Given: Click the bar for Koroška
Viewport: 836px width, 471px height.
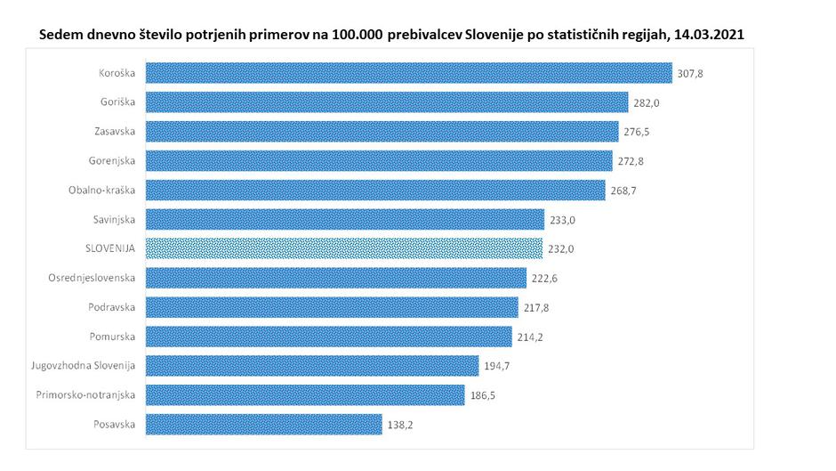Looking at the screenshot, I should (x=408, y=73).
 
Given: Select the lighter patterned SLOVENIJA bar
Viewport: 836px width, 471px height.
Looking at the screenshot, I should (x=343, y=248).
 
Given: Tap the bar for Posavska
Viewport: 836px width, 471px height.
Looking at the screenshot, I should (x=263, y=424).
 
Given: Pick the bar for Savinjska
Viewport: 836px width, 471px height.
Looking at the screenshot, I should (x=344, y=219).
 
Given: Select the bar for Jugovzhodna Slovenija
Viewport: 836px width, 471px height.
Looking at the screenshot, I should (x=312, y=365).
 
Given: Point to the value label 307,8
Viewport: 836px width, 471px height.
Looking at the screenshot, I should (x=690, y=74).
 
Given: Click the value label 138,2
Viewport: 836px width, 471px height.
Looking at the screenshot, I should (x=400, y=425).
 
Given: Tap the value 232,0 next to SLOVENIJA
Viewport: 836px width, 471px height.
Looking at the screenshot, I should (x=561, y=249).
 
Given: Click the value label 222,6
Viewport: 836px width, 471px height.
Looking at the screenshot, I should (x=544, y=279).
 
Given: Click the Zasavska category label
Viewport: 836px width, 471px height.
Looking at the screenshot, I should (x=114, y=131).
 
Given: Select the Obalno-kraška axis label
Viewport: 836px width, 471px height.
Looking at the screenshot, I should (x=102, y=190).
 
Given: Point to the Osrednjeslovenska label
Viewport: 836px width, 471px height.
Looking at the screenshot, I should (x=92, y=277).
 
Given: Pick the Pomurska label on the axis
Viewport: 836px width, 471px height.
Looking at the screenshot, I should (x=113, y=336).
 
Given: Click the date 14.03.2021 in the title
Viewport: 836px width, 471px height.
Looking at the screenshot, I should (x=710, y=33).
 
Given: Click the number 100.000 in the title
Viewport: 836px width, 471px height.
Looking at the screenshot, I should (x=358, y=33).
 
